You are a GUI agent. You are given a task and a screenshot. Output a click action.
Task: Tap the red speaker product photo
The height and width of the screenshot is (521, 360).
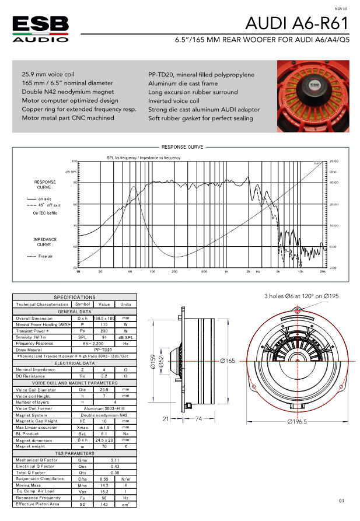(313, 96)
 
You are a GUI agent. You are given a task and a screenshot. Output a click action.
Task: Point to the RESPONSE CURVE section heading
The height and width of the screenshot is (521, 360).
(182, 147)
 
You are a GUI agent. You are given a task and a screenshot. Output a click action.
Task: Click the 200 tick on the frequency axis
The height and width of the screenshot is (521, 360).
(174, 272)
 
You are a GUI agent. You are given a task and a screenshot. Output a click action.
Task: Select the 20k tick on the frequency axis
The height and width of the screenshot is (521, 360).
(322, 272)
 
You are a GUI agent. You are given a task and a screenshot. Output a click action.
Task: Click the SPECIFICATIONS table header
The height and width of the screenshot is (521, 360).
(74, 297)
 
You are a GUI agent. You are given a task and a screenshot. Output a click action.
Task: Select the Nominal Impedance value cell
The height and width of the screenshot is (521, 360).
(104, 369)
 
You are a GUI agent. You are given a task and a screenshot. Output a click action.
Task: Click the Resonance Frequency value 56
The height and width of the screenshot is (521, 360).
(104, 497)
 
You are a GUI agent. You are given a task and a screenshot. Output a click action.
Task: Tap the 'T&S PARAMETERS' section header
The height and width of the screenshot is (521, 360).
(74, 453)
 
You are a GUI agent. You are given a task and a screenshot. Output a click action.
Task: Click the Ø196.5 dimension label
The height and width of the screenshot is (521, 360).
(297, 421)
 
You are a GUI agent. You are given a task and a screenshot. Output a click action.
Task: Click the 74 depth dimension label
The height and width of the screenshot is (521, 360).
(199, 419)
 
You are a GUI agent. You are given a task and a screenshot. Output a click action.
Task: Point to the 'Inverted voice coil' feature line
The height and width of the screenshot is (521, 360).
(174, 101)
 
